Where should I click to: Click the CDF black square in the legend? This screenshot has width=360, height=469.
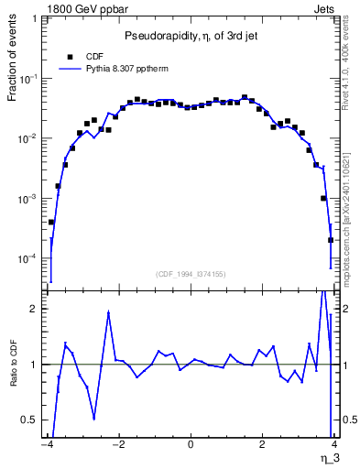tap(65, 55)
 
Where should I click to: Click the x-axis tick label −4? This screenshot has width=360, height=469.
tap(47, 446)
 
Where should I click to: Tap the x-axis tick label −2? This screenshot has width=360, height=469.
tap(118, 446)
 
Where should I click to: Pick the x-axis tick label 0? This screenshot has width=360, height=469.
tap(191, 446)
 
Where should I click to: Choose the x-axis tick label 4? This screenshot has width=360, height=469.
tap(334, 446)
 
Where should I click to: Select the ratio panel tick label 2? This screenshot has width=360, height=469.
tap(36, 309)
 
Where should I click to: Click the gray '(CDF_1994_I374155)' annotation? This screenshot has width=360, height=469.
tap(190, 274)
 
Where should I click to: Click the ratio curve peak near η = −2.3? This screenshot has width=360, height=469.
tap(109, 312)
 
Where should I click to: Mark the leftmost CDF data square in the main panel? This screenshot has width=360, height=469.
tap(51, 222)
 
